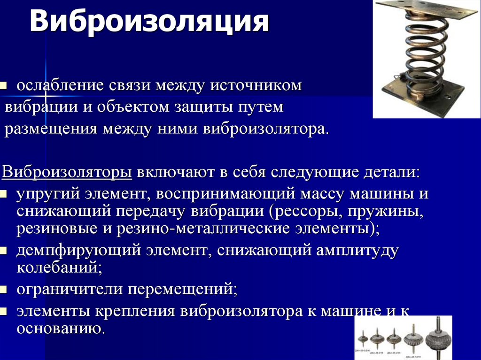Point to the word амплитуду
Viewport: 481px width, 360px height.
tap(357, 250)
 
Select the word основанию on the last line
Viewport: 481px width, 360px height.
tap(60, 328)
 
